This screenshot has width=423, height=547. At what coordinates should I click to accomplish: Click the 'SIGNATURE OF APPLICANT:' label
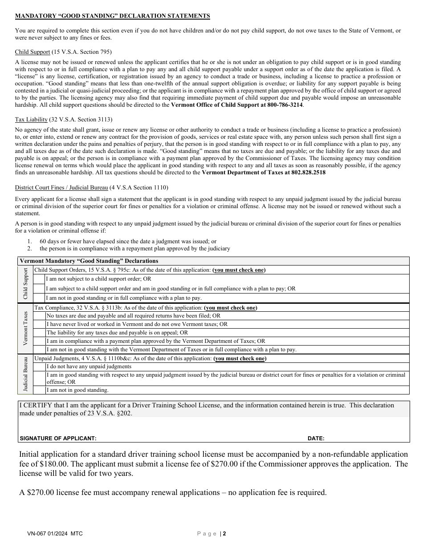coord(58,438)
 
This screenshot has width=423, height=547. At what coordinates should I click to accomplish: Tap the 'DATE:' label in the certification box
coord(316,438)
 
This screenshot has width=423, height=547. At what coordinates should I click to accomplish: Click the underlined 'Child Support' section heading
coord(32,52)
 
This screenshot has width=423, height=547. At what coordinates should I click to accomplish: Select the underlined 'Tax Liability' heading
coord(31,120)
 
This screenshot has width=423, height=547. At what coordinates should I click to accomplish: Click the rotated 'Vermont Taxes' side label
coord(25,329)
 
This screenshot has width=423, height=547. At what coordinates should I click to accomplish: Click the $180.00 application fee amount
coord(52,464)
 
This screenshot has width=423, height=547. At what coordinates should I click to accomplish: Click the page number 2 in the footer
coord(225,534)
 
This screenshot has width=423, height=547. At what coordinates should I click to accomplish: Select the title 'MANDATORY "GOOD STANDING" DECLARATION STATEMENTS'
coord(112,16)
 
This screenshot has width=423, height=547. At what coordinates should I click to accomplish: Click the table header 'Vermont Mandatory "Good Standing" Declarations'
coord(89,261)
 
